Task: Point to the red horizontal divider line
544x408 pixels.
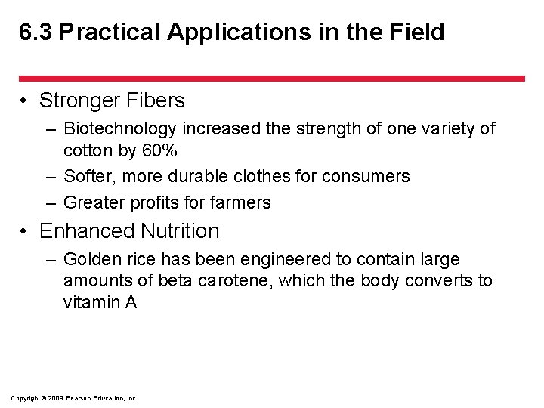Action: (x=271, y=78)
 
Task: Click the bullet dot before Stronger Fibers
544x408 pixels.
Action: (x=26, y=100)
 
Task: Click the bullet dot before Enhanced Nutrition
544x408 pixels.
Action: (x=26, y=231)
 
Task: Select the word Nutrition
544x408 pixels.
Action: (x=179, y=231)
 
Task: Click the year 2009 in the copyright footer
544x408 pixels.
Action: (x=54, y=398)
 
